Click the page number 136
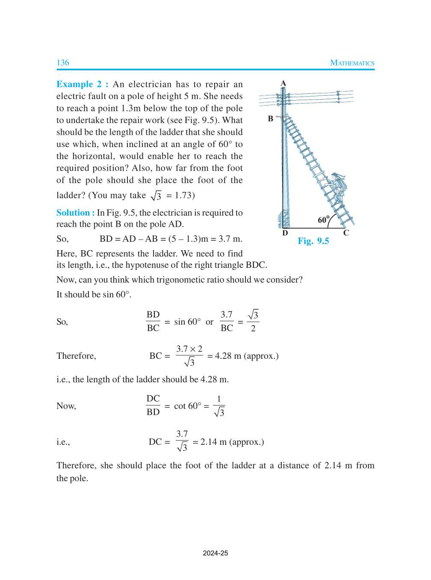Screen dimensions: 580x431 [63, 63]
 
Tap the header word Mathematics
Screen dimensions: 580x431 [352, 63]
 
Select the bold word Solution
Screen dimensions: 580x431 [73, 213]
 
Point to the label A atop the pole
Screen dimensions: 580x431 [283, 83]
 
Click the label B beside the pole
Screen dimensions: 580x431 [271, 119]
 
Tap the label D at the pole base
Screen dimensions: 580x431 [285, 234]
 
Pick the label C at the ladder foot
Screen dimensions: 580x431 [346, 233]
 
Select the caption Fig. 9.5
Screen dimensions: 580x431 [313, 241]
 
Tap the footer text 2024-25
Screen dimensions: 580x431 [215, 553]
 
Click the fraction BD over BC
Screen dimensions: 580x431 [153, 322]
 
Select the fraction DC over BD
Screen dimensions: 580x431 [153, 405]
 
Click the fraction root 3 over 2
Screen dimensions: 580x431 [253, 322]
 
